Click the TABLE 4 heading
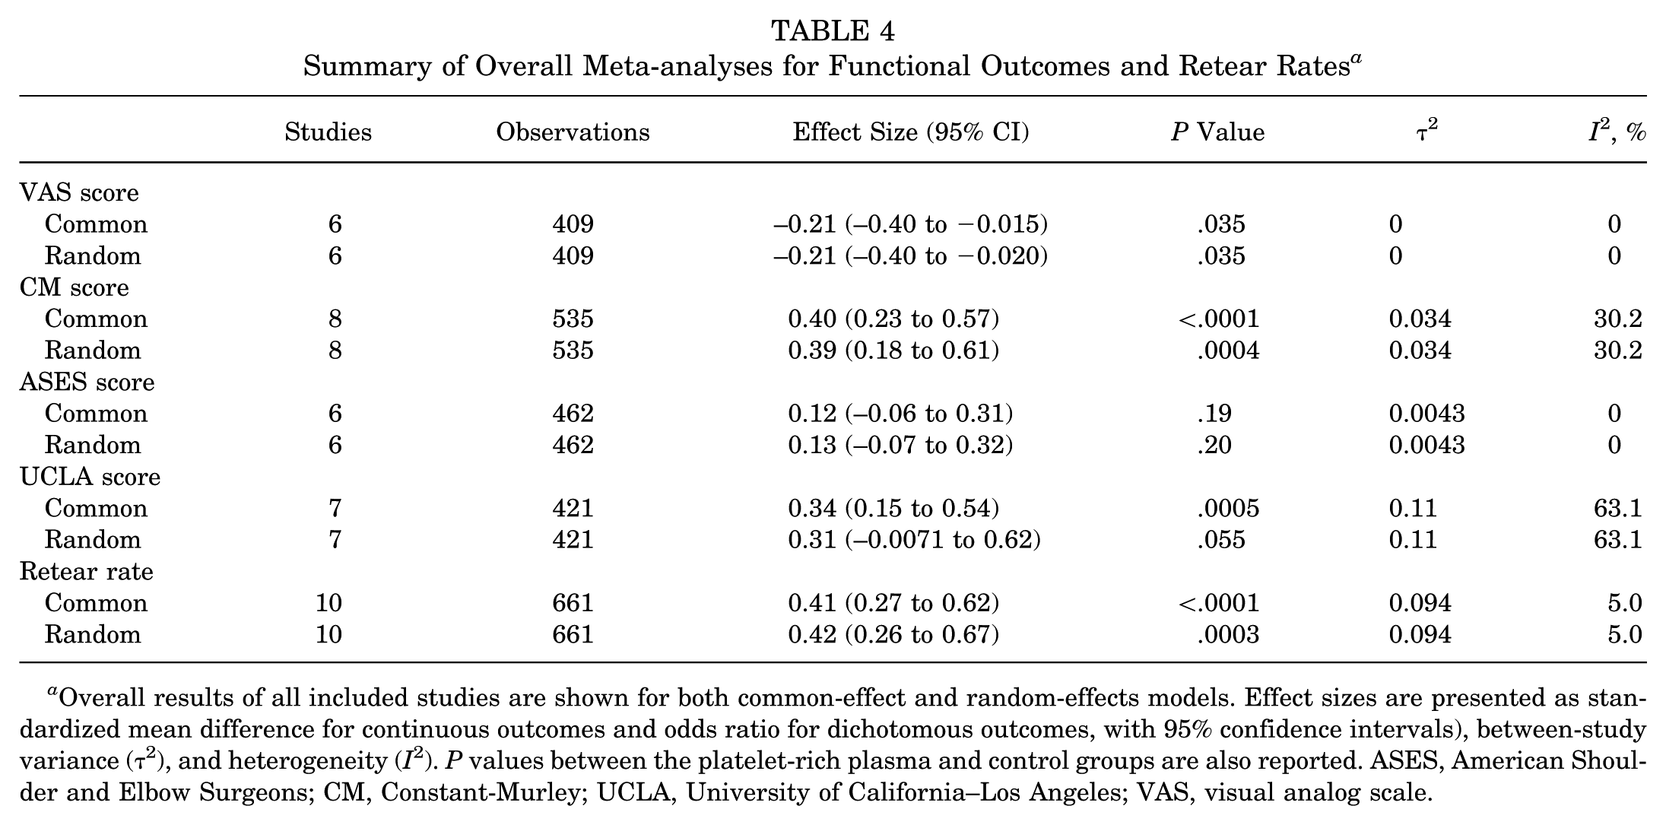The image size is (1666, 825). pyautogui.click(x=833, y=30)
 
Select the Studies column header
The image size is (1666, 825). pyautogui.click(x=328, y=132)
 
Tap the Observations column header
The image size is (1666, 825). pyautogui.click(x=573, y=132)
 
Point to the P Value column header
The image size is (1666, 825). pyautogui.click(x=1218, y=132)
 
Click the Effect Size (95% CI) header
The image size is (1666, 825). pyautogui.click(x=911, y=132)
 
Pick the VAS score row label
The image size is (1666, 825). pyautogui.click(x=79, y=192)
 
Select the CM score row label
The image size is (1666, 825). pyautogui.click(x=75, y=287)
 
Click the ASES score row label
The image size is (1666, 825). pyautogui.click(x=87, y=382)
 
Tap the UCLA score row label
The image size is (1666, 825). pyautogui.click(x=90, y=477)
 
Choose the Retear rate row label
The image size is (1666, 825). pyautogui.click(x=87, y=571)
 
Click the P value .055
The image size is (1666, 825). pyautogui.click(x=1221, y=540)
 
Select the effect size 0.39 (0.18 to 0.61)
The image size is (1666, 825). pyautogui.click(x=893, y=351)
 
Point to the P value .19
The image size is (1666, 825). pyautogui.click(x=1214, y=414)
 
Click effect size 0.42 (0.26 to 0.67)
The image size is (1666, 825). pyautogui.click(x=893, y=634)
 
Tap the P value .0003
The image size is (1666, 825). pyautogui.click(x=1228, y=634)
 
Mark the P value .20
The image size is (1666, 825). pyautogui.click(x=1214, y=445)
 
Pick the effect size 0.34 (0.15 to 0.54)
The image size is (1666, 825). pyautogui.click(x=893, y=508)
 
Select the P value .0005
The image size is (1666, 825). pyautogui.click(x=1228, y=508)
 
